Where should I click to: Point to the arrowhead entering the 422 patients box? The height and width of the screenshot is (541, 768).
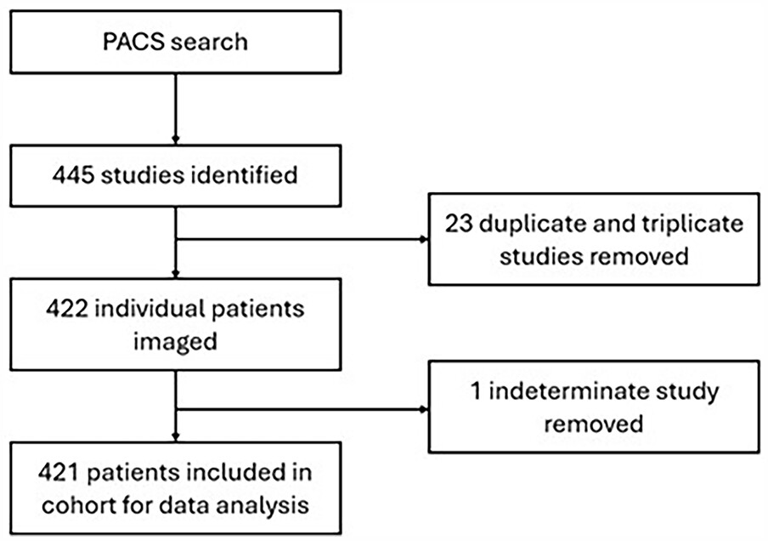[x=175, y=274]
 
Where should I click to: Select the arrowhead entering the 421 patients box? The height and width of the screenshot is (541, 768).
[x=175, y=440]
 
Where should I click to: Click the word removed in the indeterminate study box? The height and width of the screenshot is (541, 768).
[x=593, y=423]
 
